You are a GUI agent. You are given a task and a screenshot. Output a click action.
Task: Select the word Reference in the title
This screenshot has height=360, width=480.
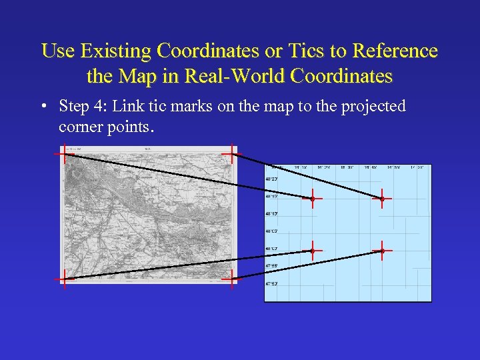(x=396, y=51)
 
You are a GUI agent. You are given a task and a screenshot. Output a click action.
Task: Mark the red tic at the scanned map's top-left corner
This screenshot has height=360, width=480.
(x=64, y=154)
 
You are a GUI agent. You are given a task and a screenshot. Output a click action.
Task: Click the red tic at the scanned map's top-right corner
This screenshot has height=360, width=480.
(x=230, y=155)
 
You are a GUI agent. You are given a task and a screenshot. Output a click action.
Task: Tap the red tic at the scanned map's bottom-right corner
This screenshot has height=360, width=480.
(x=230, y=279)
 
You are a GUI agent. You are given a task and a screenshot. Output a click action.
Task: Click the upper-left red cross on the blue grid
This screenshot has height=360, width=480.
(x=312, y=199)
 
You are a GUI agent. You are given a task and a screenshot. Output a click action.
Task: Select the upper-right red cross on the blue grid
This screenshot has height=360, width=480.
(x=381, y=198)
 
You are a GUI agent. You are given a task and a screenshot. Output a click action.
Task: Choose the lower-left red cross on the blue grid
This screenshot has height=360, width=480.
(x=312, y=251)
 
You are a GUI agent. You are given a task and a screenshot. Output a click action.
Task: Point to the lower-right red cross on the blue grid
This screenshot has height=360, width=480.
(x=382, y=251)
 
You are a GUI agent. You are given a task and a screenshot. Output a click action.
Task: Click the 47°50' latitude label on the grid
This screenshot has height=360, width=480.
(x=271, y=283)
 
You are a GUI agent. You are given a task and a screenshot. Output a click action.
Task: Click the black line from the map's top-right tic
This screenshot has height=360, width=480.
(x=307, y=176)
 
